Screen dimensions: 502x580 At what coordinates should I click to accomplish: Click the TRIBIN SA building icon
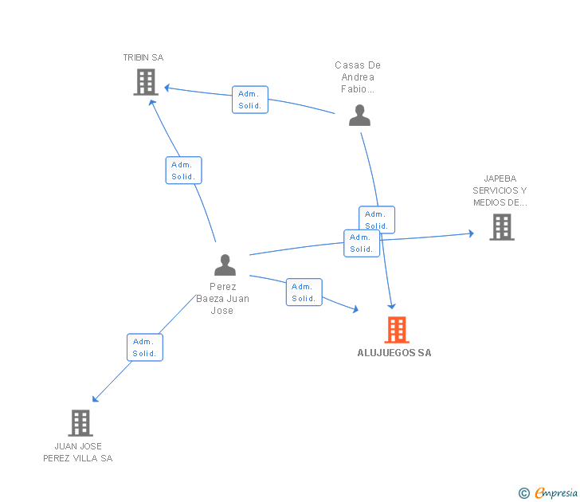coord(146,82)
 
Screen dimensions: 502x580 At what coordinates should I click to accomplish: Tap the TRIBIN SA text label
coord(143,57)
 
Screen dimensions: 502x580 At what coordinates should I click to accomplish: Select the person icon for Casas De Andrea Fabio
coord(359,116)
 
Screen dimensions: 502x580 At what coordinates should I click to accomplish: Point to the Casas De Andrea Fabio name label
coord(358,77)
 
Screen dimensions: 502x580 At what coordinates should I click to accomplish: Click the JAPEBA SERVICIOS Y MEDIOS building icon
coord(501,227)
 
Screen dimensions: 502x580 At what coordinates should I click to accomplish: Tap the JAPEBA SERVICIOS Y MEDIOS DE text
coord(500,190)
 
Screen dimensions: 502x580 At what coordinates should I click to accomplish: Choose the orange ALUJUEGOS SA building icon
coord(396,329)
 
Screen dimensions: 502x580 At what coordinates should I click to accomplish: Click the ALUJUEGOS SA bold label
coord(394,353)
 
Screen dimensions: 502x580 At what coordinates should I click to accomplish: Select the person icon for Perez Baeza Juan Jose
coord(225,265)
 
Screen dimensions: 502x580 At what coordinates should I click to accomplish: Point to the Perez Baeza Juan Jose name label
coord(222,299)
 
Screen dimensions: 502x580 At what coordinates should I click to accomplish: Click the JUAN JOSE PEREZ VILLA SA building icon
coord(80,422)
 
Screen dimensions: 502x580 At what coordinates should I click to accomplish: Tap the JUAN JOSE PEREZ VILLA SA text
coord(78,453)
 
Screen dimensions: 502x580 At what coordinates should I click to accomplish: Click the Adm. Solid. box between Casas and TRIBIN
coord(250,100)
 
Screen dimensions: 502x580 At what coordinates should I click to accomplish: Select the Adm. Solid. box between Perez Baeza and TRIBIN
coord(183,171)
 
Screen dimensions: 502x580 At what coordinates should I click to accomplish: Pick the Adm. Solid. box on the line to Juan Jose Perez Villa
coord(145,347)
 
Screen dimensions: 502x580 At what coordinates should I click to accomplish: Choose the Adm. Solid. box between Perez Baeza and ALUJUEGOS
coord(304,292)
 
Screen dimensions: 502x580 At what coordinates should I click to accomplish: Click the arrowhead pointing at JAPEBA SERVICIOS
coord(471,233)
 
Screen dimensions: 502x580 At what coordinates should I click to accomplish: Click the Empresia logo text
coord(556,493)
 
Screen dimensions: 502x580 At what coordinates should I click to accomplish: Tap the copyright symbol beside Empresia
coord(524,493)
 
